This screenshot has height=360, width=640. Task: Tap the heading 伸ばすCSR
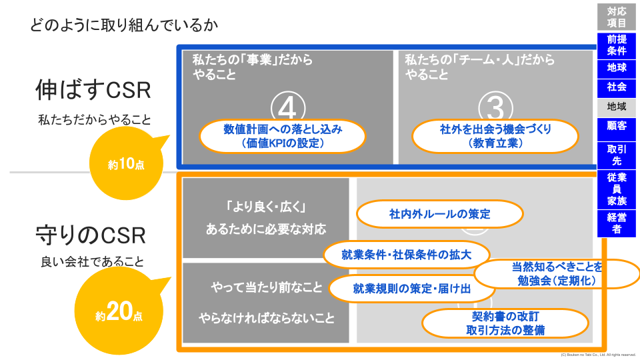click(93, 90)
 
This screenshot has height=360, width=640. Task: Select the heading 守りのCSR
click(91, 235)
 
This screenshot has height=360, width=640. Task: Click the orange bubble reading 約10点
click(126, 164)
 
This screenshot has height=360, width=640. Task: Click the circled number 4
click(288, 107)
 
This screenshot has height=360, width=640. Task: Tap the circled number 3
click(495, 107)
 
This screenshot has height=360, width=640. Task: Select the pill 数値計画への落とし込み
click(283, 136)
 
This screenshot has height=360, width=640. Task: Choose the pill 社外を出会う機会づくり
click(495, 136)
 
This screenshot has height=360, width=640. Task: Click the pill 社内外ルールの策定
click(439, 214)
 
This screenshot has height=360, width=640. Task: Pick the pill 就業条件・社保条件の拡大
click(406, 254)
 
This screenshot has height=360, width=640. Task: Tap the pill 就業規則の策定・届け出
click(412, 289)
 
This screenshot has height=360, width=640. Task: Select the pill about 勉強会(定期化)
click(557, 273)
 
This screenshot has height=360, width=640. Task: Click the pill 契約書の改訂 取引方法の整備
click(506, 323)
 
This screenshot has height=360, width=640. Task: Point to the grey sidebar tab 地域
click(617, 106)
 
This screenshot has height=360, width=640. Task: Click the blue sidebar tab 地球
click(617, 68)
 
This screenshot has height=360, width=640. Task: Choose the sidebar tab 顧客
click(617, 125)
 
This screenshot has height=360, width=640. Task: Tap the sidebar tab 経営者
click(617, 223)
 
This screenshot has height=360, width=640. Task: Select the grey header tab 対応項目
click(617, 17)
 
